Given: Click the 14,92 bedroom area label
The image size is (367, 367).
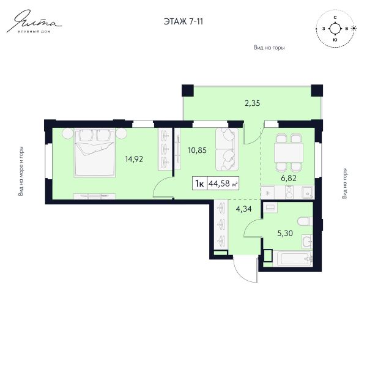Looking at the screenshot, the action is (x=134, y=160).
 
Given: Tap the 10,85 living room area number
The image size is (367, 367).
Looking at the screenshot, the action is (x=198, y=150).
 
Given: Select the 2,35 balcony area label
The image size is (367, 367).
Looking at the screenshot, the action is (x=252, y=103).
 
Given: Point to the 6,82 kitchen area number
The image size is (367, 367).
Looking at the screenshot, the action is (x=289, y=179).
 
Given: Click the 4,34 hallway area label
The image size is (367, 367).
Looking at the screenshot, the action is (x=243, y=209).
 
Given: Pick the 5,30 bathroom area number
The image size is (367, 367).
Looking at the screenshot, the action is (x=285, y=234).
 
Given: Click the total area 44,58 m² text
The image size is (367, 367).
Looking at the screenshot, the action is (x=223, y=183).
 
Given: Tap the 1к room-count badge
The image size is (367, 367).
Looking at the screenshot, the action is (x=199, y=183).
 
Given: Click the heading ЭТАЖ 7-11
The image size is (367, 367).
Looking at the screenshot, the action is (x=183, y=21).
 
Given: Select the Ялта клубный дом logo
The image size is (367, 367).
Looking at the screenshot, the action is (x=34, y=21).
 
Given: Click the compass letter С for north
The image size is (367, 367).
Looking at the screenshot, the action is (x=335, y=18).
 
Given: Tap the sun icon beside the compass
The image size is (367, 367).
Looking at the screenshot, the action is (x=354, y=28).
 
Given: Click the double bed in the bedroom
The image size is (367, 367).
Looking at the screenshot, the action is (x=94, y=152).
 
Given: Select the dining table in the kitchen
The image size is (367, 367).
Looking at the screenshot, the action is (x=289, y=152).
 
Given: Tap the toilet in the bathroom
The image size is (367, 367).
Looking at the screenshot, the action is (x=305, y=221).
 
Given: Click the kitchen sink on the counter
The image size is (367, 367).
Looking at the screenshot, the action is (x=308, y=193).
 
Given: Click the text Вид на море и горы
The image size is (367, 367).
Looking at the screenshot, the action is (x=21, y=171).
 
